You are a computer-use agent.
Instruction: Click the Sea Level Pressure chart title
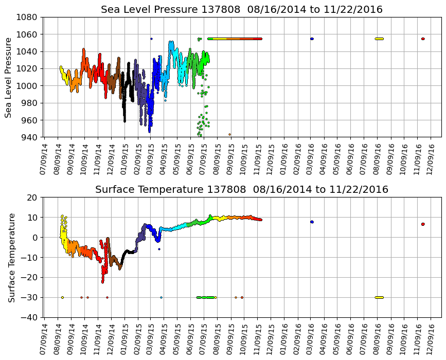pyautogui.click(x=241, y=10)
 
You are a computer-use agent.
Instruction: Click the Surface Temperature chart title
pyautogui.click(x=241, y=190)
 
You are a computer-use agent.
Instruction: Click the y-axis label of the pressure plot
pyautogui.click(x=9, y=77)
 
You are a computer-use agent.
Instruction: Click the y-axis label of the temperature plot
pyautogui.click(x=11, y=257)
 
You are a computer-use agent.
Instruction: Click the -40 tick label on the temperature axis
pyautogui.click(x=30, y=317)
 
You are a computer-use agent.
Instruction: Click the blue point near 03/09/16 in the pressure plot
pyautogui.click(x=312, y=39)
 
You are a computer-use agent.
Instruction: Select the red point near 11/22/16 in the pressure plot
pyautogui.click(x=423, y=39)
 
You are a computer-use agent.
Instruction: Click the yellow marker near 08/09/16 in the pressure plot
pyautogui.click(x=379, y=39)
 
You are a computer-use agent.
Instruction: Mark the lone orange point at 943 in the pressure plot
pyautogui.click(x=229, y=134)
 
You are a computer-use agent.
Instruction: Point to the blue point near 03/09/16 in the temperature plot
pyautogui.click(x=312, y=222)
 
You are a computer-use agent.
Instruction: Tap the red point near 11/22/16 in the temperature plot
pyautogui.click(x=423, y=224)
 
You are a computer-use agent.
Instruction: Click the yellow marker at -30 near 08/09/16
pyautogui.click(x=379, y=297)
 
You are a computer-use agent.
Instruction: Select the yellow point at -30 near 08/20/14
pyautogui.click(x=62, y=297)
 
